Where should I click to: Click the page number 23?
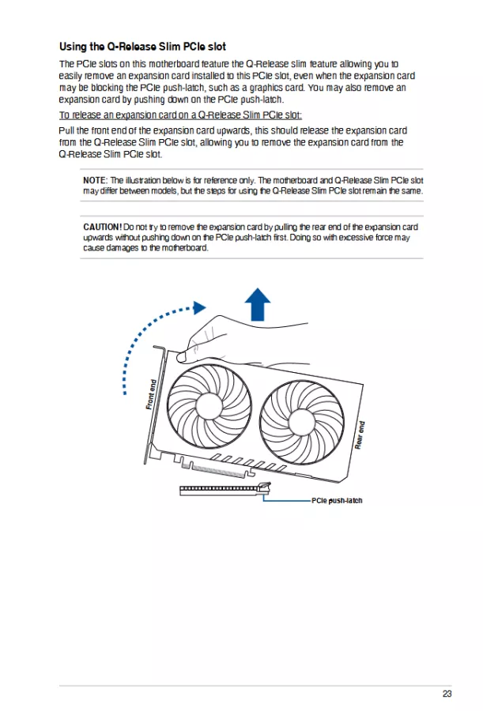coord(447,694)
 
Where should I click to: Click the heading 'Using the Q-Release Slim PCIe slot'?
coord(142,47)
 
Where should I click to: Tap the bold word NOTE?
coord(94,181)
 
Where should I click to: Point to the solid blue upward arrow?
coord(257,303)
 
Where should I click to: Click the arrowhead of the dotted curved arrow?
coord(200,306)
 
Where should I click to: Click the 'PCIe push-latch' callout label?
coord(337,501)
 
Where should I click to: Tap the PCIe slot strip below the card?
coord(218,490)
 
